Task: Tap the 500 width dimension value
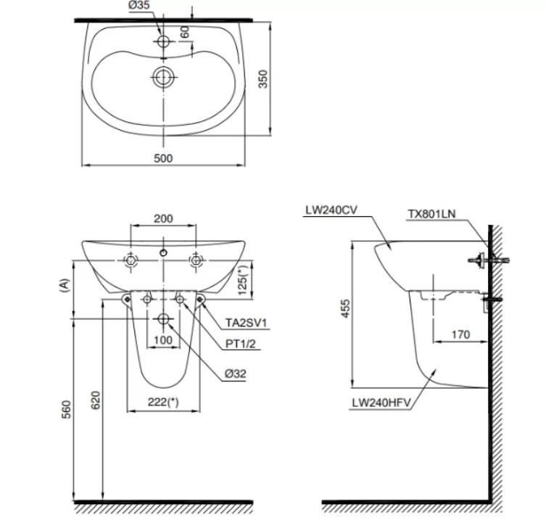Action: [164, 158]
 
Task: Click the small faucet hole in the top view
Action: [164, 41]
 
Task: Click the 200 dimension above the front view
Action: [164, 218]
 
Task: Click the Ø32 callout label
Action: [237, 375]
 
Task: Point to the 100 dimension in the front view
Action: [163, 340]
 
